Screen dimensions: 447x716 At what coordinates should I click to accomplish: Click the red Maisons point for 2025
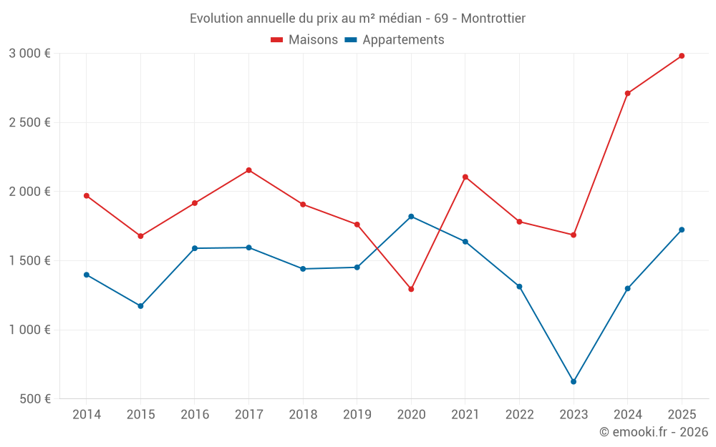tap(682, 56)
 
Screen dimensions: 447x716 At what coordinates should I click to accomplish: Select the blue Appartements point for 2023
tap(574, 382)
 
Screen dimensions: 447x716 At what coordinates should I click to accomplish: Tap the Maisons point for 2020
tap(411, 289)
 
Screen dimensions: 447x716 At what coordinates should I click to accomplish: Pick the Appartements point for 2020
tap(411, 216)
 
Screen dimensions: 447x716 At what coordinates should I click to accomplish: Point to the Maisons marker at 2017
tap(248, 170)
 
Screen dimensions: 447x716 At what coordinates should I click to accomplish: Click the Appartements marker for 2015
tap(140, 306)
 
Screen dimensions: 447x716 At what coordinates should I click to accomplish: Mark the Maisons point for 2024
tap(628, 93)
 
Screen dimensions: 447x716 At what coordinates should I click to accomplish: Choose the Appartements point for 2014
tap(87, 275)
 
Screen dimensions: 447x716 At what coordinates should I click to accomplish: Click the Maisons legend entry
tap(304, 40)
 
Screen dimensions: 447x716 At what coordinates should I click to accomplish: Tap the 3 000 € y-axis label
tap(29, 54)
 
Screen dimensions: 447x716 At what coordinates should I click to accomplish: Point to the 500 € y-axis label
tap(34, 399)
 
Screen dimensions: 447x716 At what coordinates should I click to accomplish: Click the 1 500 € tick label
tap(29, 261)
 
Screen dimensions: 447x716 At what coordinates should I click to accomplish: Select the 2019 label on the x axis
tap(357, 415)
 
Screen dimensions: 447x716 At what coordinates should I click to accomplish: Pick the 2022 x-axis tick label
tap(519, 415)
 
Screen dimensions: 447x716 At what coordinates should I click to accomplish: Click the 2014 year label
tap(87, 415)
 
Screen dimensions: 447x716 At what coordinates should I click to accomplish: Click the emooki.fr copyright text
tap(653, 432)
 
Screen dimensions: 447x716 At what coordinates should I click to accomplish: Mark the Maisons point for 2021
tap(465, 177)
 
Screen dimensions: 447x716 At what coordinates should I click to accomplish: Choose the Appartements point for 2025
tap(682, 230)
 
